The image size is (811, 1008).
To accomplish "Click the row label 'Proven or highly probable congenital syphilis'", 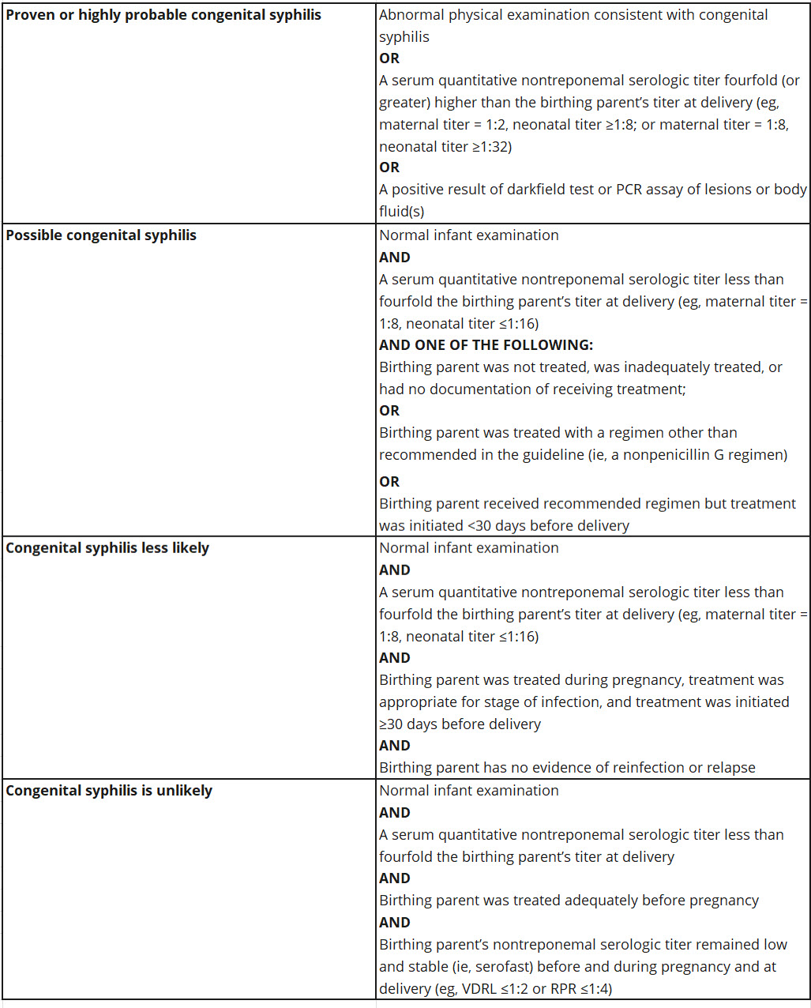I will (163, 15).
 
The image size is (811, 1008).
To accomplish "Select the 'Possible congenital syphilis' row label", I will (101, 235).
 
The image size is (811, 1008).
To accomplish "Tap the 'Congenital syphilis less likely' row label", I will (107, 548).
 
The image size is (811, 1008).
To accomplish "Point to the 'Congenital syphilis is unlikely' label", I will (109, 791).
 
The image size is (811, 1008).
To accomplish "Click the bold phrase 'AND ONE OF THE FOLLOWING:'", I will (486, 345).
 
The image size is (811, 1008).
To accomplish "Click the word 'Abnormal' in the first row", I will (409, 15).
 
